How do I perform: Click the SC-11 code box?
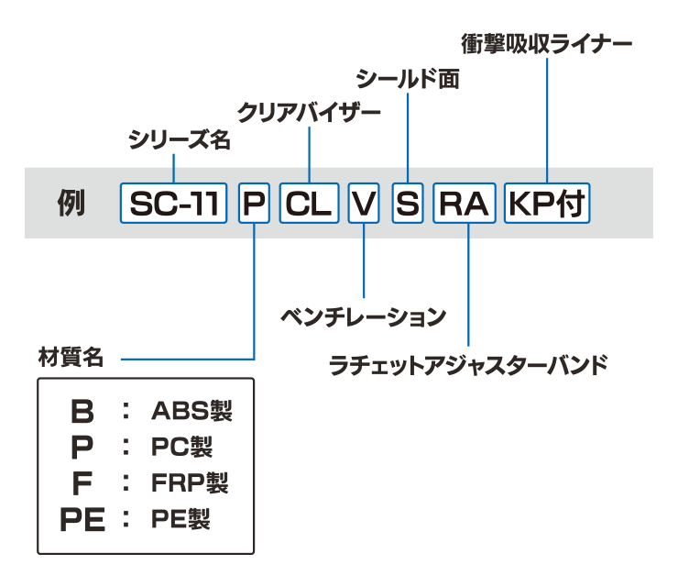(x=174, y=204)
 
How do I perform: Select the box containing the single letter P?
(x=254, y=204)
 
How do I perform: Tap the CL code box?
(x=309, y=204)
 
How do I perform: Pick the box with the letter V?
(x=364, y=204)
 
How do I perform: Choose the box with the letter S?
(x=407, y=204)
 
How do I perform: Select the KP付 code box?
(x=547, y=204)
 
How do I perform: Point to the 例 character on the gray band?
(x=70, y=204)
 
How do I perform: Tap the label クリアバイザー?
(x=309, y=113)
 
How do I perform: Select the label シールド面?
(x=407, y=78)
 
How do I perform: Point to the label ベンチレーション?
(x=363, y=317)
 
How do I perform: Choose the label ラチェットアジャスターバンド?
(x=468, y=365)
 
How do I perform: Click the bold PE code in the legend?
(x=82, y=520)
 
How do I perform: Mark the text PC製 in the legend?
(x=181, y=447)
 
